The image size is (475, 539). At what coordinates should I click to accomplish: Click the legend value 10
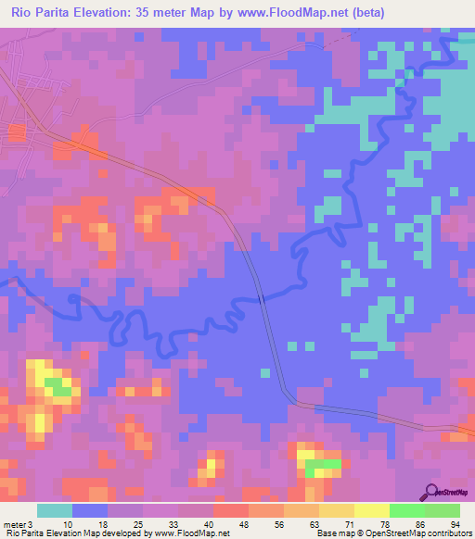pos(70,523)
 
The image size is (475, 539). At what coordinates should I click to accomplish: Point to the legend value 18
pos(105,523)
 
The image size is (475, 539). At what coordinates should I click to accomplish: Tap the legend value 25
pos(140,523)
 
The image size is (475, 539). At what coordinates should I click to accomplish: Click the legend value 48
pos(246,523)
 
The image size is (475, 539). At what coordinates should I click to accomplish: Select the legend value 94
pos(455,523)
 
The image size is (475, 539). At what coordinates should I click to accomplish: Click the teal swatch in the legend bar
pos(55,510)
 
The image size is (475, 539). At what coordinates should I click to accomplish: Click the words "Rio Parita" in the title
pos(41,13)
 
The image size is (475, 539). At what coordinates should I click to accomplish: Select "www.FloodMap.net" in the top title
pos(286,13)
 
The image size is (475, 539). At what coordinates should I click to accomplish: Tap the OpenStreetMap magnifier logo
pos(431,492)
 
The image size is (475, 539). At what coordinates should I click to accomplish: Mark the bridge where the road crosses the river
pos(262,298)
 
